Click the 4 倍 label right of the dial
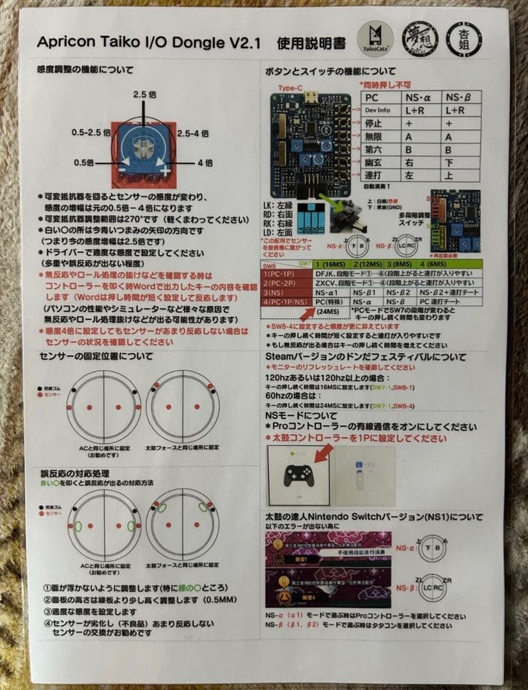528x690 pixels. [205, 162]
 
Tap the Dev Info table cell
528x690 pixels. [378, 110]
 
